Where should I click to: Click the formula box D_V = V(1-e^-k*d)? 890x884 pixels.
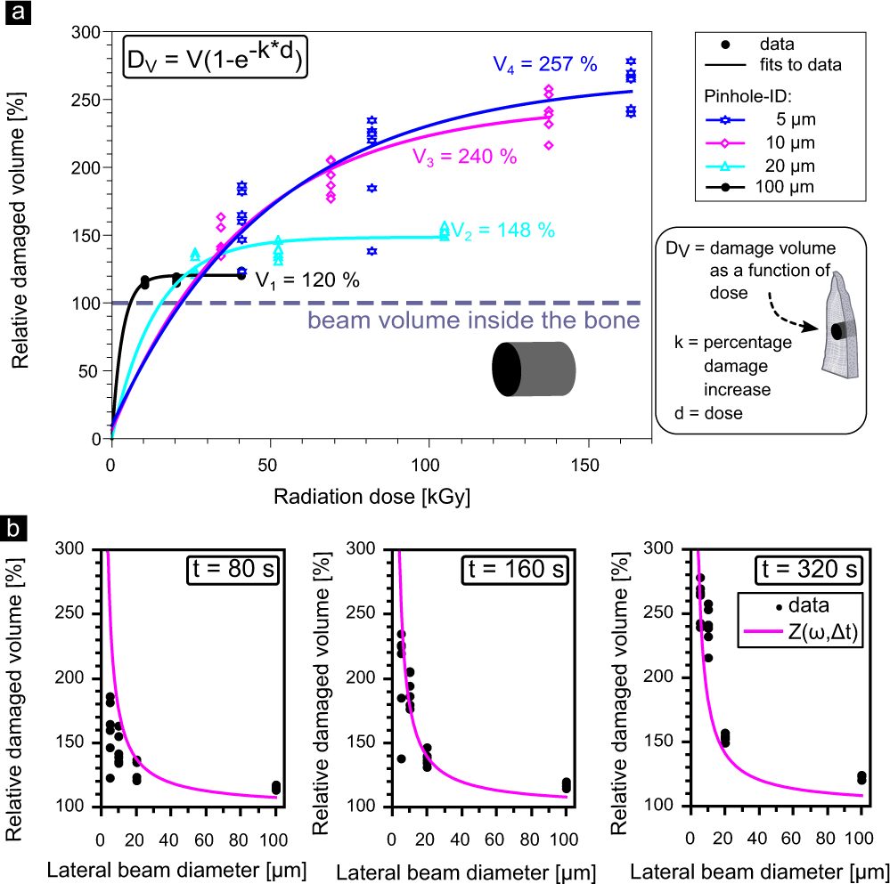pos(215,61)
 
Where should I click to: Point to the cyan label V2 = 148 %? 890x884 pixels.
pos(502,230)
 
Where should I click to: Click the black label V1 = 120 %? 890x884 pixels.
pos(307,280)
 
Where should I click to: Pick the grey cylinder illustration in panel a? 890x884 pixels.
pos(535,369)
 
